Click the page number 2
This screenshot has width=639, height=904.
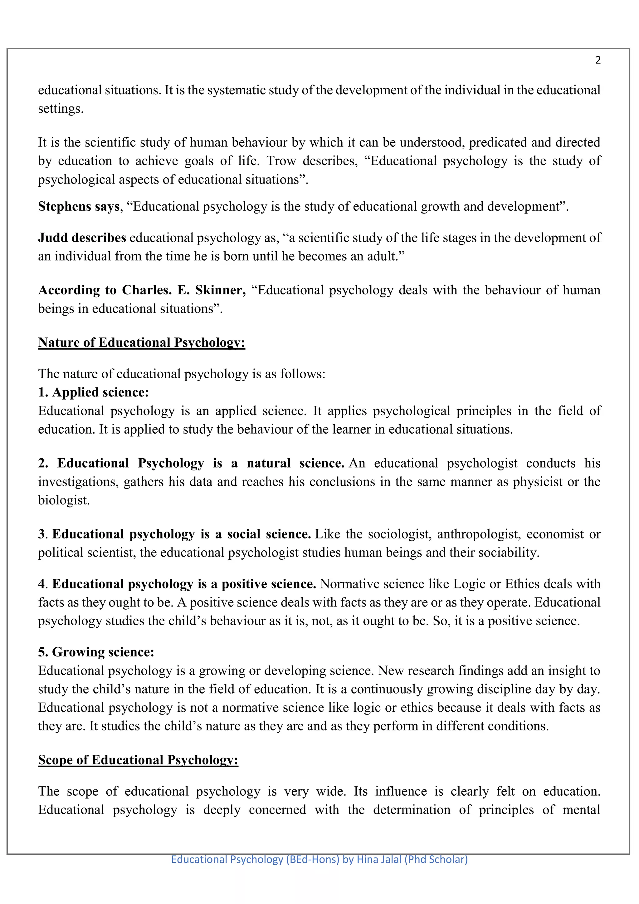(x=598, y=60)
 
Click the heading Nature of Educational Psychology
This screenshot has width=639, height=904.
(x=141, y=342)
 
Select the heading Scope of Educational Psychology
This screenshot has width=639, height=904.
(x=138, y=760)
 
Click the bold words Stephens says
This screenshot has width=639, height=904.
(x=79, y=207)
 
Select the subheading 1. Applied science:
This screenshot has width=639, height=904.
(x=93, y=393)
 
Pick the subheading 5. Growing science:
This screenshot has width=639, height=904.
(x=96, y=652)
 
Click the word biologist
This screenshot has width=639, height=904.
(x=63, y=500)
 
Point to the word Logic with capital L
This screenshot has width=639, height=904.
(x=469, y=584)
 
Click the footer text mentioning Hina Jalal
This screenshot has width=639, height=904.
(x=319, y=859)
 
